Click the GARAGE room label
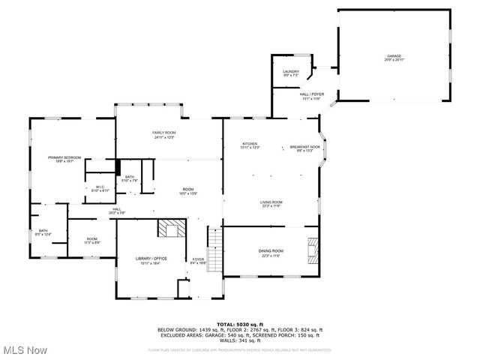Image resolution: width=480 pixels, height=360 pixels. (394, 58)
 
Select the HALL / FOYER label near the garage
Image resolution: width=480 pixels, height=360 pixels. (311, 96)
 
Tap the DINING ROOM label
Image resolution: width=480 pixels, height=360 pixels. (271, 252)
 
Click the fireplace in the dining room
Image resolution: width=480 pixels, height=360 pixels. (313, 247)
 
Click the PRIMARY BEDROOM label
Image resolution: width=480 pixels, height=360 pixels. (64, 159)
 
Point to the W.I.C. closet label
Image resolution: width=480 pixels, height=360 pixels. (100, 189)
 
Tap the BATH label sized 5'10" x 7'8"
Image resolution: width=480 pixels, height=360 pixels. (130, 178)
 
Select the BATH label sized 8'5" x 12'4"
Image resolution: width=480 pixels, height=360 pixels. (43, 232)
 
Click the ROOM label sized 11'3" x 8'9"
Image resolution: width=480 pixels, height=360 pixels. (91, 241)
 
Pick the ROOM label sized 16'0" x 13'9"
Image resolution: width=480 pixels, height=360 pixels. (187, 191)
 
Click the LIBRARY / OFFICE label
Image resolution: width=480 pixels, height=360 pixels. (151, 260)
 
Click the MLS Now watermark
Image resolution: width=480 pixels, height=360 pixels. (24, 350)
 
